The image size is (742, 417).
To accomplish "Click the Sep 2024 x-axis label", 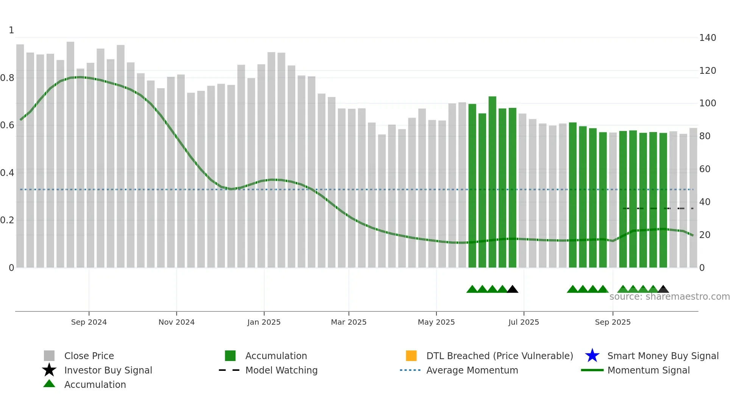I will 89,322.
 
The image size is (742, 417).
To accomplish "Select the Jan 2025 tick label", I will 264,322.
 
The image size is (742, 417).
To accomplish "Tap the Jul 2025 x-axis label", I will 524,322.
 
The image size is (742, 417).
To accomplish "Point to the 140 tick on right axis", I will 707,38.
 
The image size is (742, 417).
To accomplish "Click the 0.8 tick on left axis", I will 7,78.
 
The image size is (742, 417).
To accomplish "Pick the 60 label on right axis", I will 705,169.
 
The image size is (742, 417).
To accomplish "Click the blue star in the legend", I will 592,356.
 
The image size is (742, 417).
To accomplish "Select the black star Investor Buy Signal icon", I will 49,370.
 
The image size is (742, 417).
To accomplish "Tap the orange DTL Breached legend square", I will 411,356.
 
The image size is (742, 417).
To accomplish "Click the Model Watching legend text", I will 281,370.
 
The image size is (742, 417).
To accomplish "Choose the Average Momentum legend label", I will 472,370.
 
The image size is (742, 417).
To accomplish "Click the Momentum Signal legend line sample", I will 592,370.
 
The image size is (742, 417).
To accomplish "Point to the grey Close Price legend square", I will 49,356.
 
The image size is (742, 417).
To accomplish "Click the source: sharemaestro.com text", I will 669,297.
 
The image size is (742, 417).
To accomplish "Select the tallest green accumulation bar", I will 492,182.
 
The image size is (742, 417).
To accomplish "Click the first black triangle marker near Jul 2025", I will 512,289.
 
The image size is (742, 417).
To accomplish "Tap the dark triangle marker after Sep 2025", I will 663,289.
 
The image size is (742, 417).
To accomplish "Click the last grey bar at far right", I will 693,197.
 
